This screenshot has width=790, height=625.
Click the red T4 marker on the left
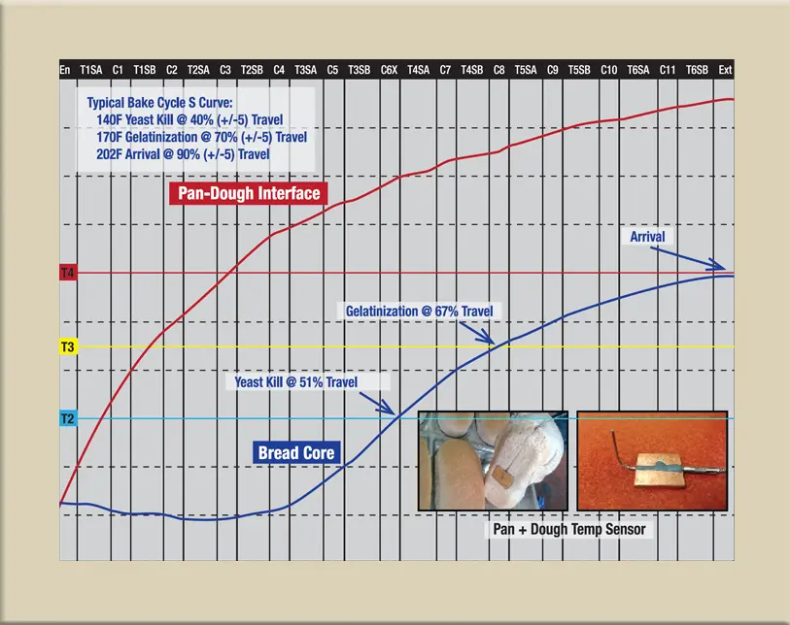click(x=68, y=274)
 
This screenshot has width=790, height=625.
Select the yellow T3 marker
click(x=68, y=346)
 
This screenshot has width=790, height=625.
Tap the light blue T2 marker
click(x=68, y=419)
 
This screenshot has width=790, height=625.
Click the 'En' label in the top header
click(x=65, y=70)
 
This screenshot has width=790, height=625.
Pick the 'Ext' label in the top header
click(x=725, y=70)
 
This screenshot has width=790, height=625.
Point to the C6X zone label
click(x=389, y=70)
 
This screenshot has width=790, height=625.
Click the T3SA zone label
click(x=306, y=70)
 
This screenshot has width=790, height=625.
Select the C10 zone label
click(x=608, y=70)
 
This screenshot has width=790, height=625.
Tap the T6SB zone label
click(x=697, y=70)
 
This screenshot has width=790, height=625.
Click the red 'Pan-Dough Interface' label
click(x=248, y=193)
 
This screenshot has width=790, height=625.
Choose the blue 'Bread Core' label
click(x=296, y=452)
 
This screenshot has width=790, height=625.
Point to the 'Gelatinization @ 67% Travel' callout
click(x=420, y=312)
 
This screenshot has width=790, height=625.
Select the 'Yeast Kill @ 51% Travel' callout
click(x=296, y=382)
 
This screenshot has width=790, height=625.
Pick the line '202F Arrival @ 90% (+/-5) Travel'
click(x=183, y=153)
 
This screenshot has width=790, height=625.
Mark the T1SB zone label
click(x=144, y=70)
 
